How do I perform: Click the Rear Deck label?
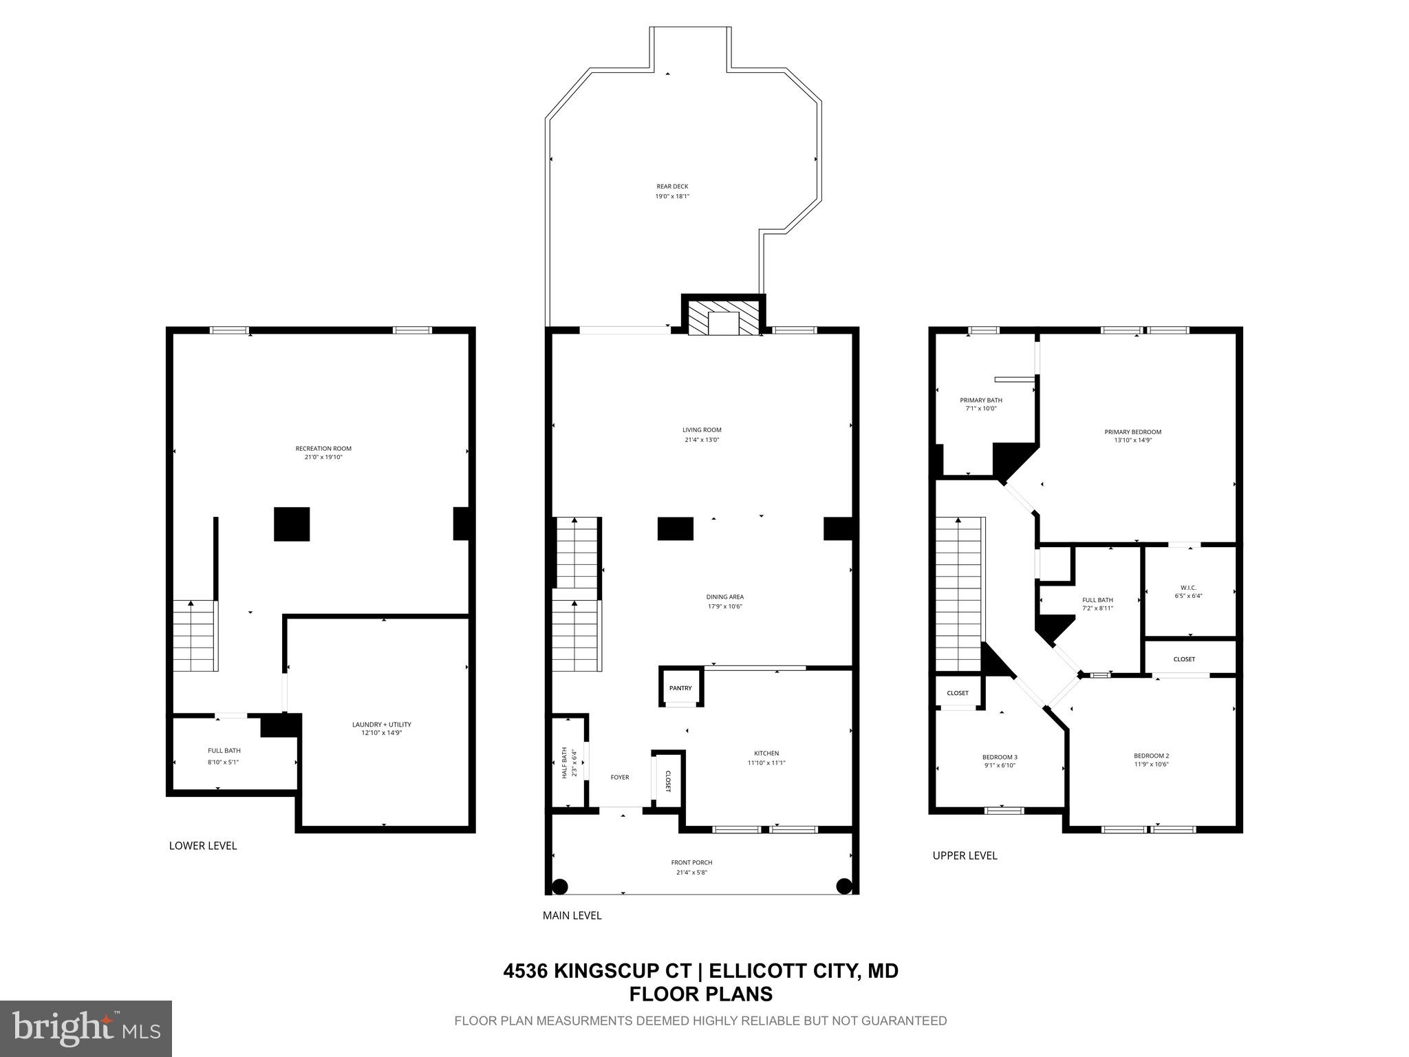click(671, 186)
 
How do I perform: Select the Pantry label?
click(680, 688)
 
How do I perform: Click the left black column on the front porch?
click(560, 886)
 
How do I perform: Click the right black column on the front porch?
click(844, 886)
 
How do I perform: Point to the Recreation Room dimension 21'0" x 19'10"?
click(323, 457)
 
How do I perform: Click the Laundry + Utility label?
click(381, 725)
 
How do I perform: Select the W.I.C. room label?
click(1188, 588)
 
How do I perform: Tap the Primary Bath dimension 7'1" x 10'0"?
click(981, 409)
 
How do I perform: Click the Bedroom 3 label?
click(1000, 757)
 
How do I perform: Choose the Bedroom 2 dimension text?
click(1151, 765)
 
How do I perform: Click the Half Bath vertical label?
click(565, 762)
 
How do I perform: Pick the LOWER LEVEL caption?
click(203, 846)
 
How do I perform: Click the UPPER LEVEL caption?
click(965, 855)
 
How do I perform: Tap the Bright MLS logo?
click(86, 1029)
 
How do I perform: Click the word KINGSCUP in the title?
click(623, 971)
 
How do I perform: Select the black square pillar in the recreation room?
click(292, 524)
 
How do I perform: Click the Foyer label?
click(620, 777)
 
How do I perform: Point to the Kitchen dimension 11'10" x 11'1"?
click(766, 762)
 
